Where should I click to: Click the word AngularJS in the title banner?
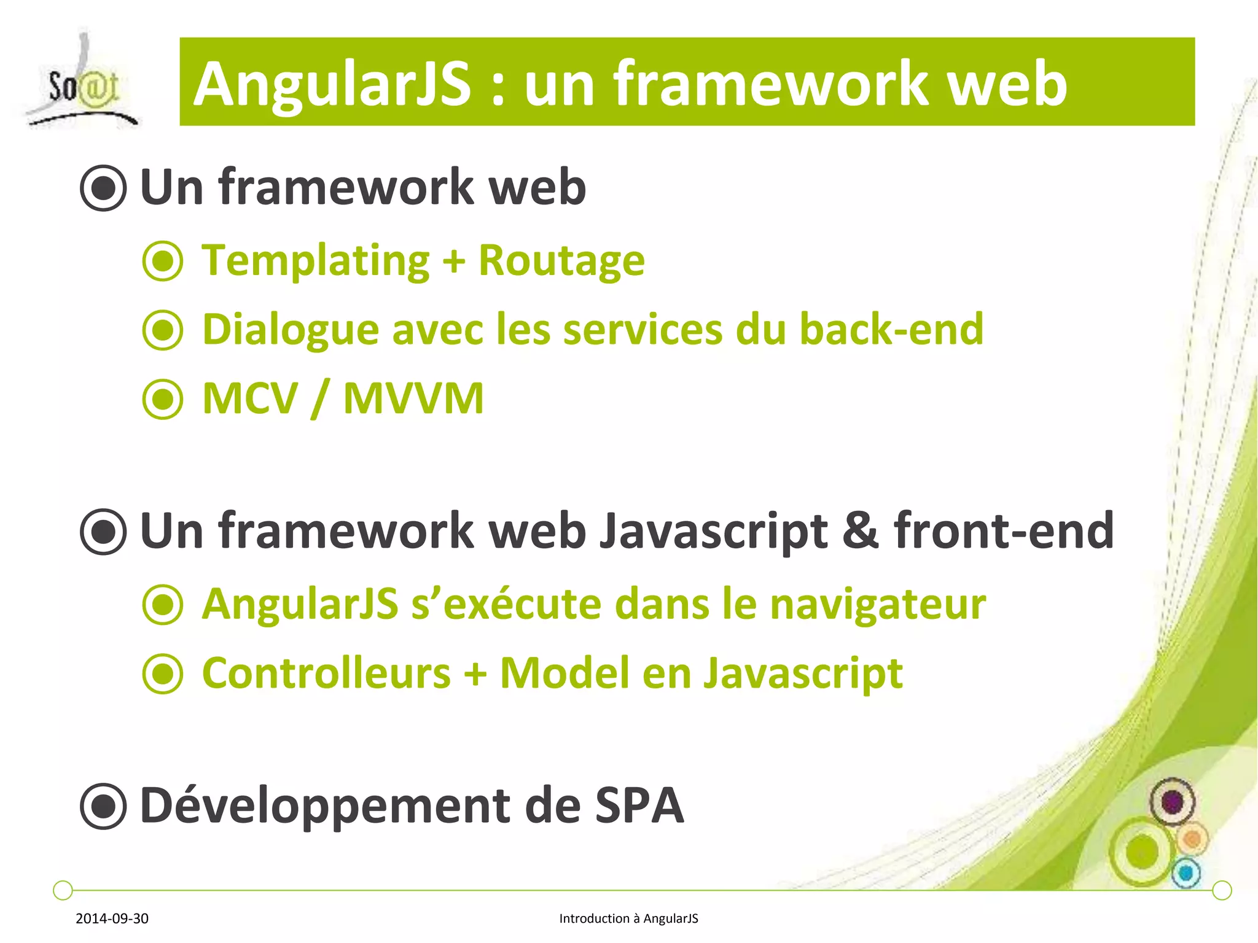point(332,84)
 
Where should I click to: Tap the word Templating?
point(315,261)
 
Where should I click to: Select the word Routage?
point(561,261)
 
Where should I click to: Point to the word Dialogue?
point(291,330)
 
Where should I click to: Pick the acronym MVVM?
point(413,398)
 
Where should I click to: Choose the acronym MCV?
point(249,398)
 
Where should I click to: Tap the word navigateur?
point(878,604)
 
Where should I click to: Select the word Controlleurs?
point(326,673)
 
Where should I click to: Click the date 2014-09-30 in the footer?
point(112,918)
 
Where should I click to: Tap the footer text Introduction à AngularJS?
point(628,918)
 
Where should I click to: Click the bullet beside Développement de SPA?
point(103,806)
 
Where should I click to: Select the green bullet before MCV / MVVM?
point(163,399)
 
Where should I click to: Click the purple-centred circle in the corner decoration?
point(1172,801)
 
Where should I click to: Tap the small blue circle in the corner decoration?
point(1186,872)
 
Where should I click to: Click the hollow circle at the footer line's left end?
point(63,890)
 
